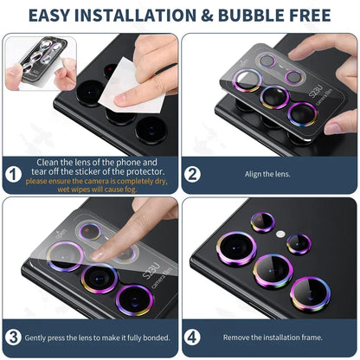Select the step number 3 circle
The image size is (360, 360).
(x=13, y=337)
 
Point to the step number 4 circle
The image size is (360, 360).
(x=193, y=337)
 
